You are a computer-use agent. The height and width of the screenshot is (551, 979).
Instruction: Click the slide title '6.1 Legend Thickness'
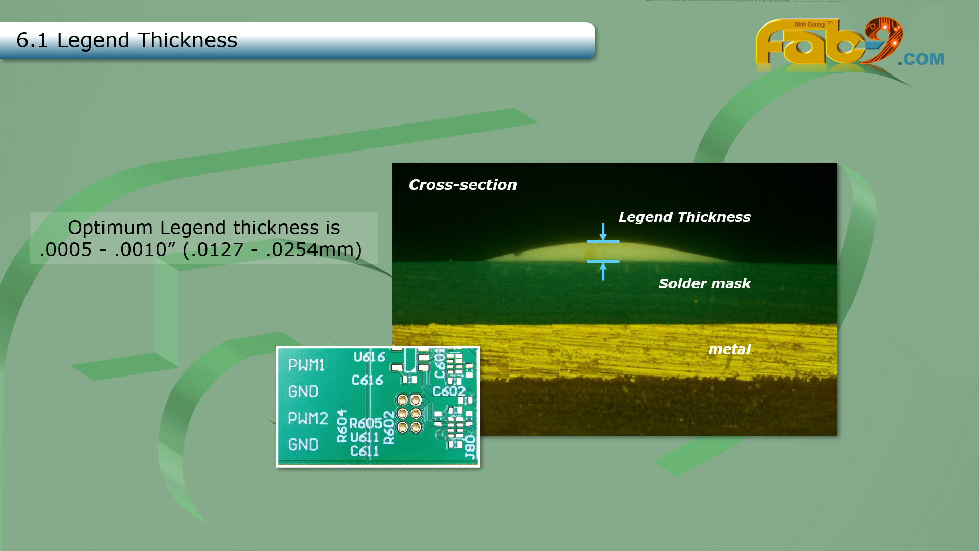(x=126, y=40)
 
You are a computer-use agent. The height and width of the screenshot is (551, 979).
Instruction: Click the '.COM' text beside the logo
(x=921, y=59)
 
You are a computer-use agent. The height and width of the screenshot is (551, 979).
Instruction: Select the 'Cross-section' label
(x=462, y=185)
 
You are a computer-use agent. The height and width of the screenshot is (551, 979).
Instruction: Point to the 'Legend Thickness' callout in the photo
(x=684, y=217)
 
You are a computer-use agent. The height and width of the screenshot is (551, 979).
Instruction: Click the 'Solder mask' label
(x=704, y=283)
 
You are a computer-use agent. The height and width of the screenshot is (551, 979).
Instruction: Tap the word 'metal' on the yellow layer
(x=729, y=349)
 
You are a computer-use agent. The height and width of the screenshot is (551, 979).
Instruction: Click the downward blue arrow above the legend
(x=603, y=232)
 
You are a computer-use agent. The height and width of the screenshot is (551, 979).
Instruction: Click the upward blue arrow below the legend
(x=603, y=271)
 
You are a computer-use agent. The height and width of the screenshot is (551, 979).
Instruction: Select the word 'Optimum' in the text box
(x=110, y=228)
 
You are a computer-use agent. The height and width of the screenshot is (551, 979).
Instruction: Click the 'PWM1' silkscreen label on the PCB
(x=306, y=365)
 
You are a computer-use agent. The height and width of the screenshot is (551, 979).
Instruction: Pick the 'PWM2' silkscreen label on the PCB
(x=307, y=418)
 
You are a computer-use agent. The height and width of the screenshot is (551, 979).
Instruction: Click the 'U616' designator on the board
(x=369, y=357)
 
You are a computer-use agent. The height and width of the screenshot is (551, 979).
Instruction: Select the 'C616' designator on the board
(x=367, y=380)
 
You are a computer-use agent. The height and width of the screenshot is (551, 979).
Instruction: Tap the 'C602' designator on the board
(x=449, y=391)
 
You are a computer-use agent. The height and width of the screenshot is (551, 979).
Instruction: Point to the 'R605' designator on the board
(x=366, y=423)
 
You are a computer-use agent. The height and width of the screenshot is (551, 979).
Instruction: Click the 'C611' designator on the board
(x=364, y=451)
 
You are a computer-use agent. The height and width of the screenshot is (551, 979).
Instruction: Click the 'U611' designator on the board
(x=364, y=437)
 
